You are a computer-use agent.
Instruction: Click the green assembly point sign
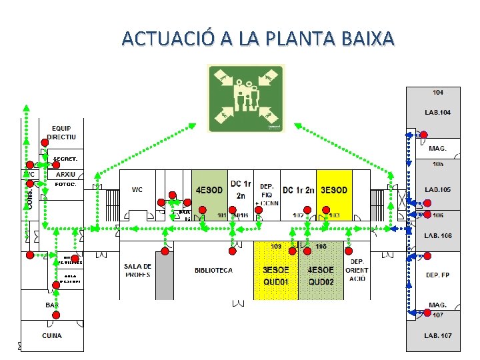click(246, 98)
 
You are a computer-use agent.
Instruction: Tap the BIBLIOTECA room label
click(213, 270)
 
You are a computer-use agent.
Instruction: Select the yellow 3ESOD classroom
click(334, 190)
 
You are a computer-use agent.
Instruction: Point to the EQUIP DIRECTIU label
click(61, 133)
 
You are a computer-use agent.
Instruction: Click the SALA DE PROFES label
click(138, 270)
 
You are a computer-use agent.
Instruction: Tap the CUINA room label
click(52, 335)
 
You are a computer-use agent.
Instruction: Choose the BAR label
click(52, 305)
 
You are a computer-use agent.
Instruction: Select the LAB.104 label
click(437, 112)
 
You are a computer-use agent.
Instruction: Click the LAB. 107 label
click(437, 335)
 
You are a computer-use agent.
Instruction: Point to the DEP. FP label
click(437, 275)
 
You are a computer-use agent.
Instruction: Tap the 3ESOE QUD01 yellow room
click(275, 275)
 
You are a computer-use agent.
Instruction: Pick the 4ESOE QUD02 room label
click(320, 275)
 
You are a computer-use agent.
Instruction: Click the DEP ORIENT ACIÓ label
click(357, 270)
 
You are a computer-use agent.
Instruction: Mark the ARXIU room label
click(65, 174)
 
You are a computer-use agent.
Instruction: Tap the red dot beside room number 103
click(325, 210)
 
